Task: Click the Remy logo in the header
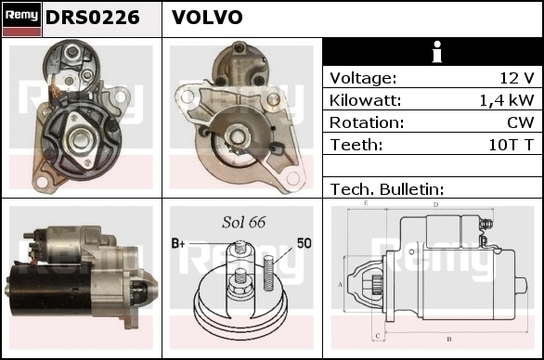pyautogui.click(x=22, y=19)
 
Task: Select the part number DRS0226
pyautogui.click(x=92, y=18)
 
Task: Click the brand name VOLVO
pyautogui.click(x=207, y=17)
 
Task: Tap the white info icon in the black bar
pyautogui.click(x=437, y=52)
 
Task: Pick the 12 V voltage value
pyautogui.click(x=516, y=78)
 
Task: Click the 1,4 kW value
pyautogui.click(x=507, y=100)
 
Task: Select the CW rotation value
pyautogui.click(x=520, y=122)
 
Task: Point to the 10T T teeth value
pyautogui.click(x=511, y=145)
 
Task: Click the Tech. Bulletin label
pyautogui.click(x=387, y=189)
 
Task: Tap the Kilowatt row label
pyautogui.click(x=365, y=100)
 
